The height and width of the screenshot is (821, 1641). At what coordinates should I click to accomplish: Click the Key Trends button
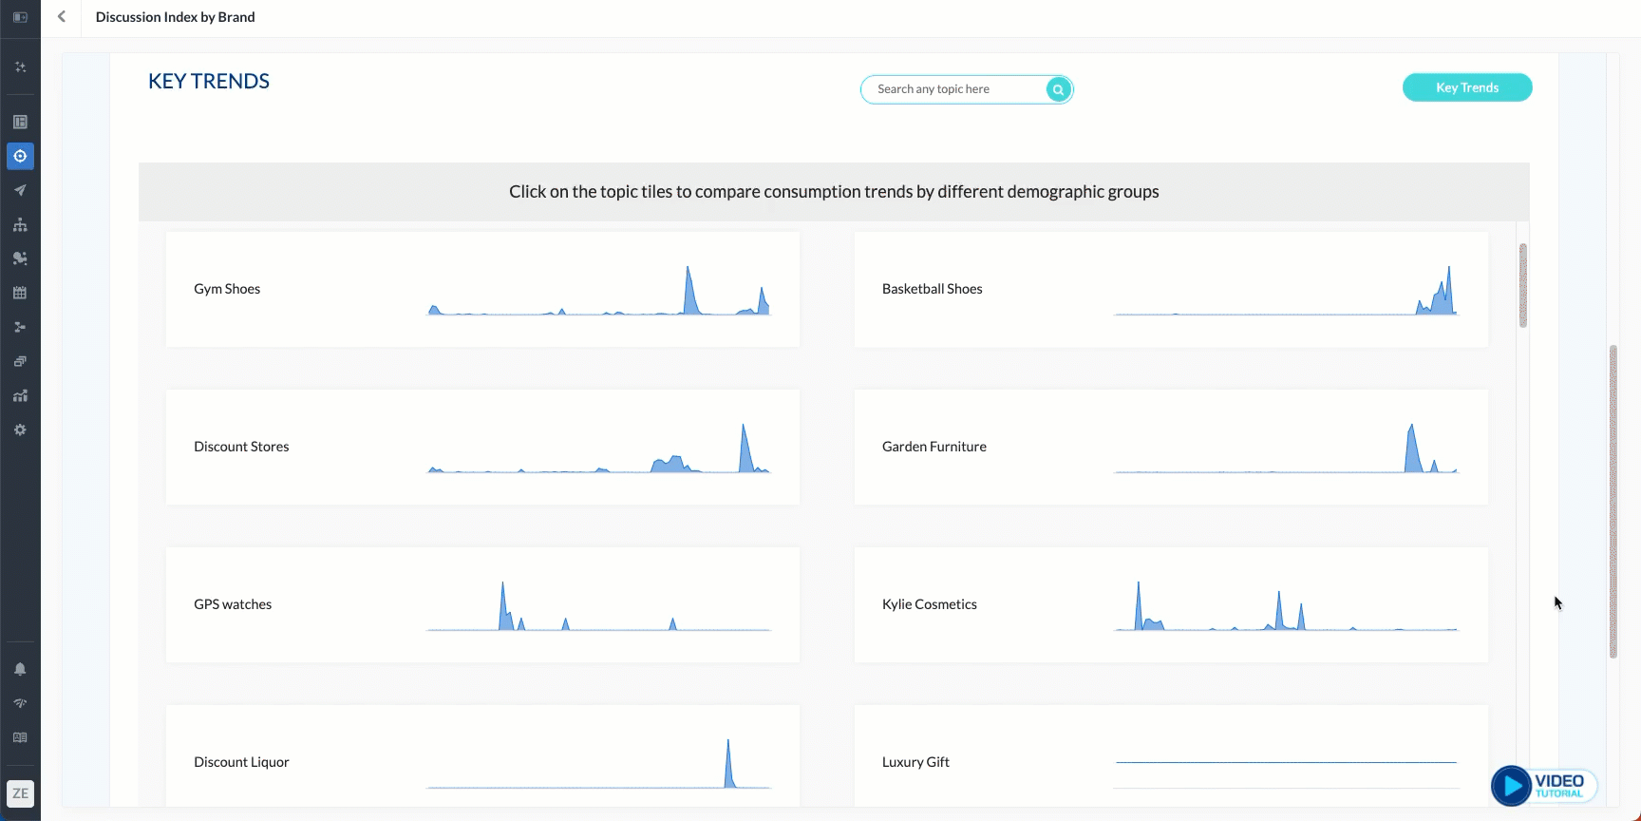(1466, 87)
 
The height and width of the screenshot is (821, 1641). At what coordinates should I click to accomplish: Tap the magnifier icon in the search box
(1058, 89)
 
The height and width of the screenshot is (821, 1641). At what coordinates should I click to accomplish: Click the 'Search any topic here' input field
(954, 89)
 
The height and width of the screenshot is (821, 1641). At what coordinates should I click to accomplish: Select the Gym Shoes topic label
(227, 289)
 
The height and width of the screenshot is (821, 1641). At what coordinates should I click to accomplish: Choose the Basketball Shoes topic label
(932, 289)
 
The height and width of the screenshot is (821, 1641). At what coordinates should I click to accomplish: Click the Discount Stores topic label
(241, 447)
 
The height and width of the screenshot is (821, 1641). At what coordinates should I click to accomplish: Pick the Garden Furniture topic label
(934, 447)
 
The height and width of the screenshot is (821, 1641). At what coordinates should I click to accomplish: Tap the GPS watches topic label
(233, 604)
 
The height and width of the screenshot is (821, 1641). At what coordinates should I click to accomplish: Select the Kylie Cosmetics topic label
(929, 604)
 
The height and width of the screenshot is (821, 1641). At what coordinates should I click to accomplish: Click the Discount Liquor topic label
(241, 762)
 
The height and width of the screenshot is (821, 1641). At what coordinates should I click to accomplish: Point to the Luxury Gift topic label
(915, 762)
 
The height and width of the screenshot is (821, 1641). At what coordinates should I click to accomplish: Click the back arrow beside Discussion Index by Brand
(62, 17)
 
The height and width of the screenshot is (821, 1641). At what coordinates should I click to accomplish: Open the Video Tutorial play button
(1511, 786)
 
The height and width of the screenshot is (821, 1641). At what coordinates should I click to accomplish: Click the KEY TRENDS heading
(209, 82)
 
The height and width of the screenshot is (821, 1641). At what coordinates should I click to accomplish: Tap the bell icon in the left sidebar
(20, 669)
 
